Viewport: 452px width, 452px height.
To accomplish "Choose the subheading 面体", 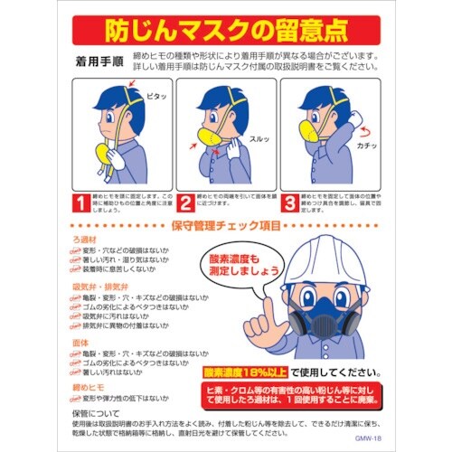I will (80, 342).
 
